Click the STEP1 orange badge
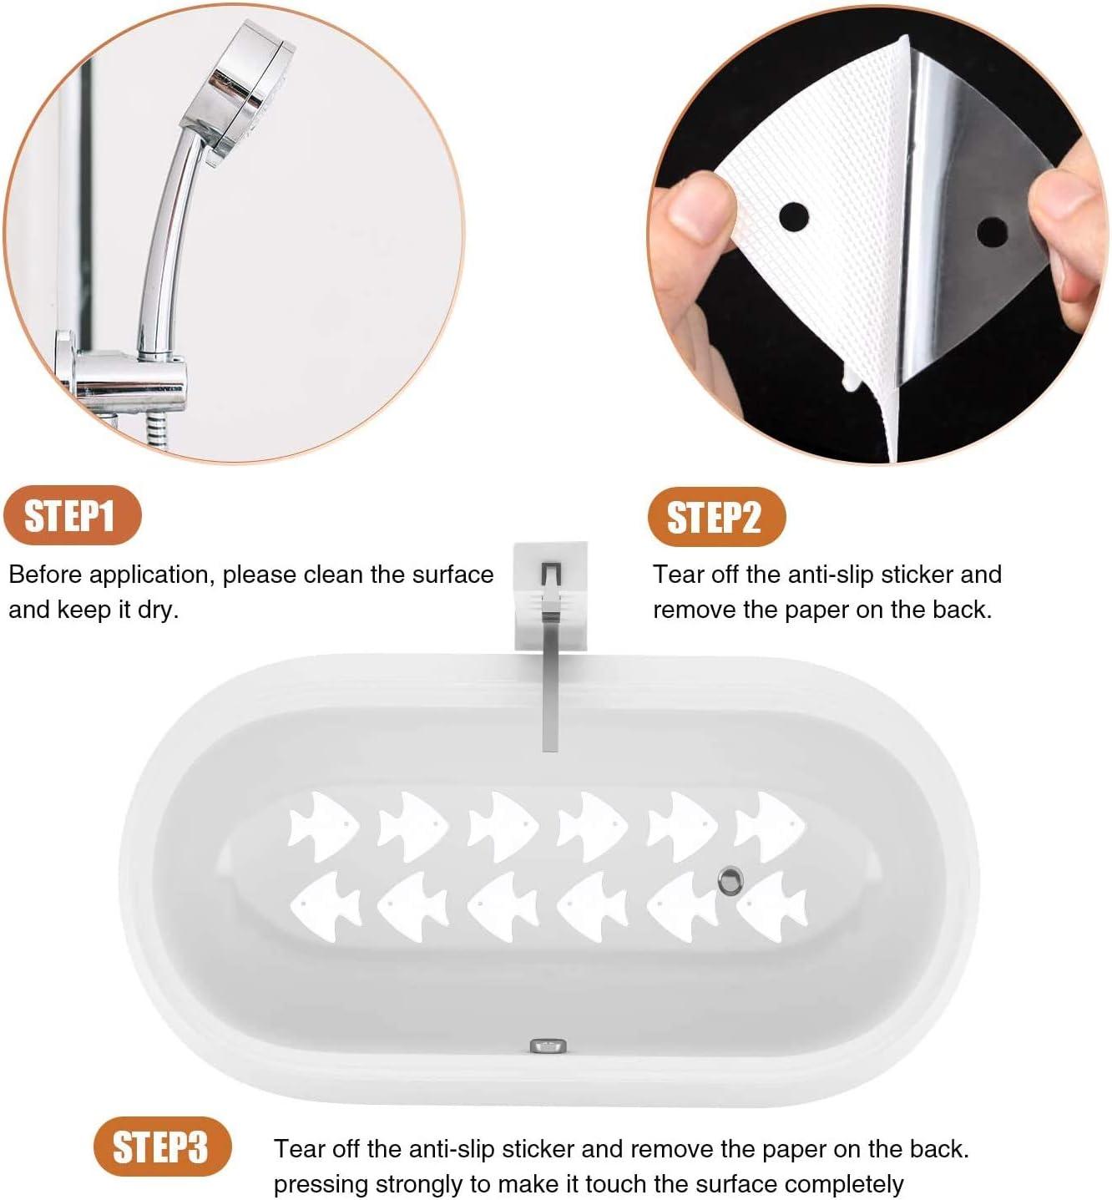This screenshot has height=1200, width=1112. click(73, 514)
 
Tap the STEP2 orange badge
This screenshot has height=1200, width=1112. click(716, 517)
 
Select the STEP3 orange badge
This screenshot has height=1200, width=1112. click(163, 1147)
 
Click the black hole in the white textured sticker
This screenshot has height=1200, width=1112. click(793, 216)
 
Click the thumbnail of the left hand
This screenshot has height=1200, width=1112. click(695, 205)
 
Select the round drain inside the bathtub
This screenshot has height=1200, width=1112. click(730, 880)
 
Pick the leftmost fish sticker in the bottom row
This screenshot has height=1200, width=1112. click(326, 906)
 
